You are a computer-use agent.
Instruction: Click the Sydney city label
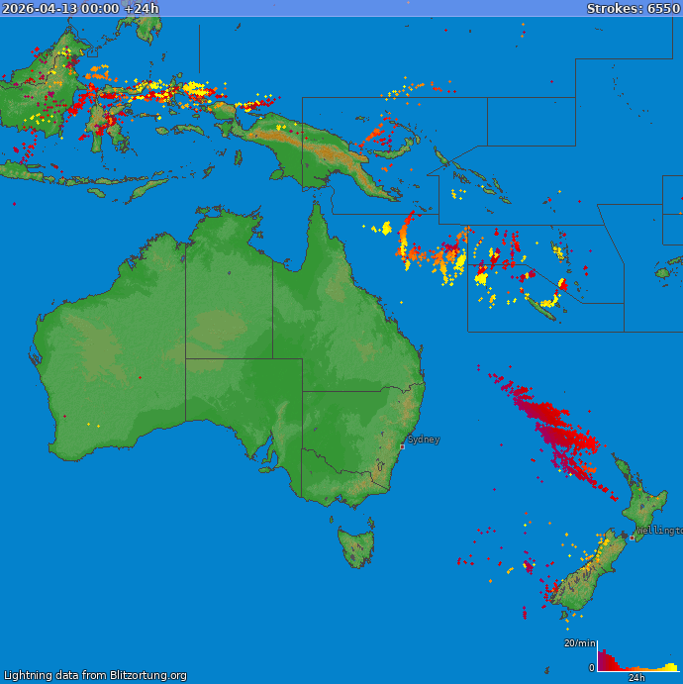[x=424, y=440]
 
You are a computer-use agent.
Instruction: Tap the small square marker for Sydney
[x=402, y=446]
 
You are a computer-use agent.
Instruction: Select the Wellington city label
[x=659, y=531]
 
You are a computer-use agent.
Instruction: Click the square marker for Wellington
[x=633, y=537]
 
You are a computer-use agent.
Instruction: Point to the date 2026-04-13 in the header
[x=37, y=8]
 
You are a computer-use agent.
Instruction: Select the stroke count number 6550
[x=663, y=8]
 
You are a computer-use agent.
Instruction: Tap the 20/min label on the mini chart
[x=578, y=643]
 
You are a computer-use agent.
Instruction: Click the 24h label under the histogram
[x=636, y=678]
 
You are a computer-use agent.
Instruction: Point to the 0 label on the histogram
[x=592, y=668]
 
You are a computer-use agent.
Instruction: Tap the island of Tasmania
[x=356, y=546]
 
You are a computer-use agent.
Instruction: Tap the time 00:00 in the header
[x=102, y=8]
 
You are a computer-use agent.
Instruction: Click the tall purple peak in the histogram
[x=601, y=656]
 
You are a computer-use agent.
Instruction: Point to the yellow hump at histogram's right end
[x=670, y=667]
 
